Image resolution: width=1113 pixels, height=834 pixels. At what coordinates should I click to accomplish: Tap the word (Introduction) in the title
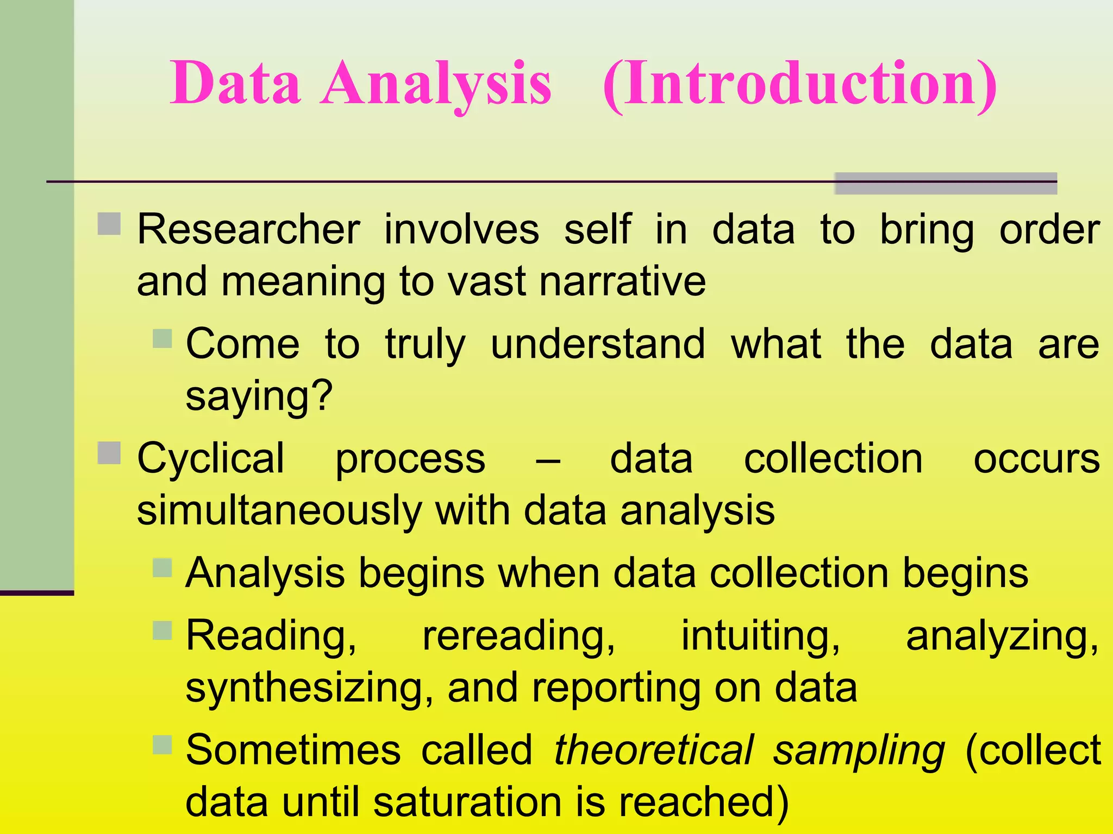click(800, 84)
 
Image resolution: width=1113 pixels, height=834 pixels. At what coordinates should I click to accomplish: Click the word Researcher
click(248, 230)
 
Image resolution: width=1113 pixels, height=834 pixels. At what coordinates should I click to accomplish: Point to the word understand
click(598, 344)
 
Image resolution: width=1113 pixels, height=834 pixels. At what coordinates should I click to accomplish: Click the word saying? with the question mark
click(259, 396)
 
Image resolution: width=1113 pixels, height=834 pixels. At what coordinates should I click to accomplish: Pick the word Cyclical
click(211, 459)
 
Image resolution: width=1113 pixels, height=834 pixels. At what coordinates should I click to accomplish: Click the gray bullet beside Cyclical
click(109, 453)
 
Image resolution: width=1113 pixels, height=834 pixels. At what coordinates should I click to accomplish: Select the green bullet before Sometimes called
click(162, 744)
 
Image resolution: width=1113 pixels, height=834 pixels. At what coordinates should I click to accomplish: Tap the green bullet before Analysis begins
click(162, 567)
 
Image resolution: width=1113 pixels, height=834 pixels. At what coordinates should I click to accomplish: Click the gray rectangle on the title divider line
click(945, 184)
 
